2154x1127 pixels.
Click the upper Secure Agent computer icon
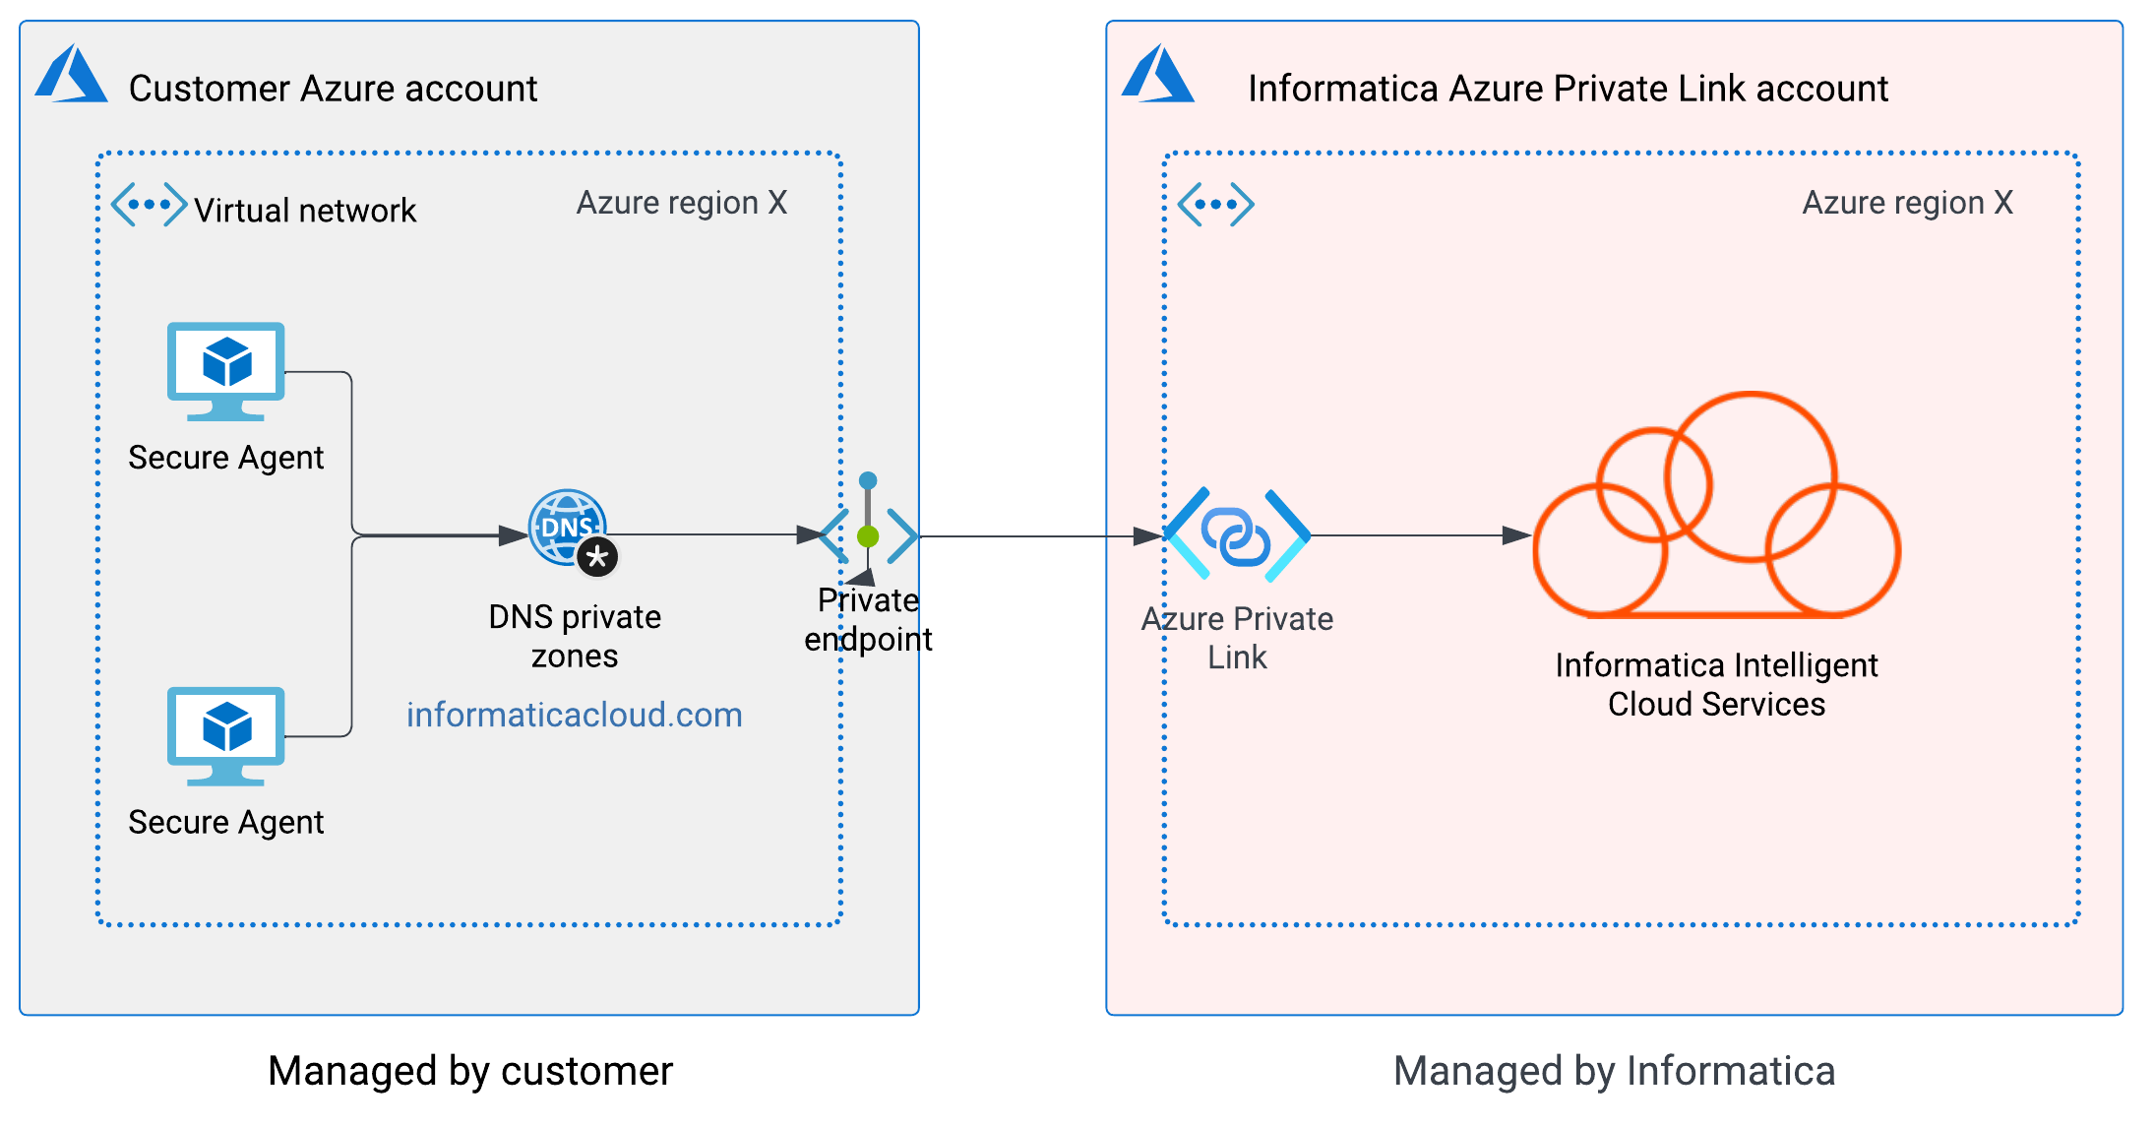[x=226, y=370]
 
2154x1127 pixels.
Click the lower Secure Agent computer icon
[x=226, y=735]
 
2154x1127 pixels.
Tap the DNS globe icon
[x=566, y=528]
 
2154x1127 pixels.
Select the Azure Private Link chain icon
[x=1237, y=536]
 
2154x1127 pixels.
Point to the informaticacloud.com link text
[x=575, y=716]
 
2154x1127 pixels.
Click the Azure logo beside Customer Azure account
[x=71, y=76]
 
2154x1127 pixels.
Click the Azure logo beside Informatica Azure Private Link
[x=1158, y=76]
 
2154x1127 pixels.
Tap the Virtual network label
[x=305, y=211]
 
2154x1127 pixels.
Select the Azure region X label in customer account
[x=682, y=203]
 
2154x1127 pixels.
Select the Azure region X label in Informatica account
[x=1907, y=203]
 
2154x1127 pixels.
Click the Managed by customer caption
[x=470, y=1071]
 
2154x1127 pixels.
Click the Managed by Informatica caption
[x=1614, y=1071]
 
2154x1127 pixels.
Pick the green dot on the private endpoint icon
[x=868, y=536]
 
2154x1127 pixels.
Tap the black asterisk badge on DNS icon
[x=597, y=557]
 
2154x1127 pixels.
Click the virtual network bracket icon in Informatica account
[x=1215, y=205]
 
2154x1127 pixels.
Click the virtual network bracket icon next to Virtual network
[x=149, y=205]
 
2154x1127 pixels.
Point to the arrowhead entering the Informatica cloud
[x=1516, y=536]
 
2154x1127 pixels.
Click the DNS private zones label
[x=575, y=637]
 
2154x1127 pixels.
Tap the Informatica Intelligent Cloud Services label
[x=1716, y=685]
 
